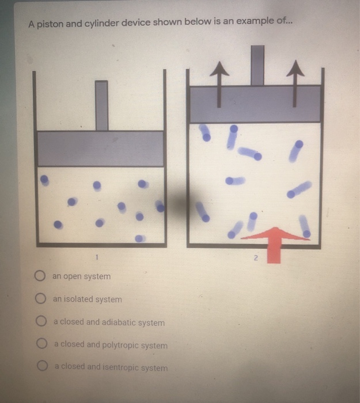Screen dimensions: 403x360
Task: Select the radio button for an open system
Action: point(40,276)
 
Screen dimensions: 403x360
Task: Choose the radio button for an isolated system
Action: point(40,299)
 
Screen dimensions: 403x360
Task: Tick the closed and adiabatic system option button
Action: point(41,322)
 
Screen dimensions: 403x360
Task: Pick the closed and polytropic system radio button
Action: point(43,344)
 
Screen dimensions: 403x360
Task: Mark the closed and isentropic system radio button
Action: point(43,366)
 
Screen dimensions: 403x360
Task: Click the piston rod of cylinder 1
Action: point(102,105)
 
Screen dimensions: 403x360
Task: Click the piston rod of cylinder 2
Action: point(257,64)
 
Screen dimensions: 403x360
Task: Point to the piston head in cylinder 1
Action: point(101,149)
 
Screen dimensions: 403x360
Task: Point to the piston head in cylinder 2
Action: point(255,104)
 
